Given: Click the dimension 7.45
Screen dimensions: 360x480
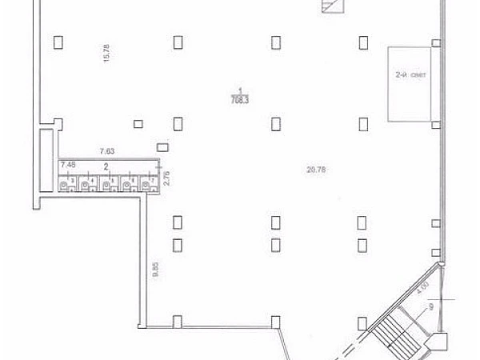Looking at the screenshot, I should [69, 164].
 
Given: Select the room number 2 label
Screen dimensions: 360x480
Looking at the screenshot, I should [106, 166].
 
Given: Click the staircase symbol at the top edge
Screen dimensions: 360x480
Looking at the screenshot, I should [330, 6].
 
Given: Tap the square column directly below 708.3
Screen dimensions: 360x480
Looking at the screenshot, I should [276, 122].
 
